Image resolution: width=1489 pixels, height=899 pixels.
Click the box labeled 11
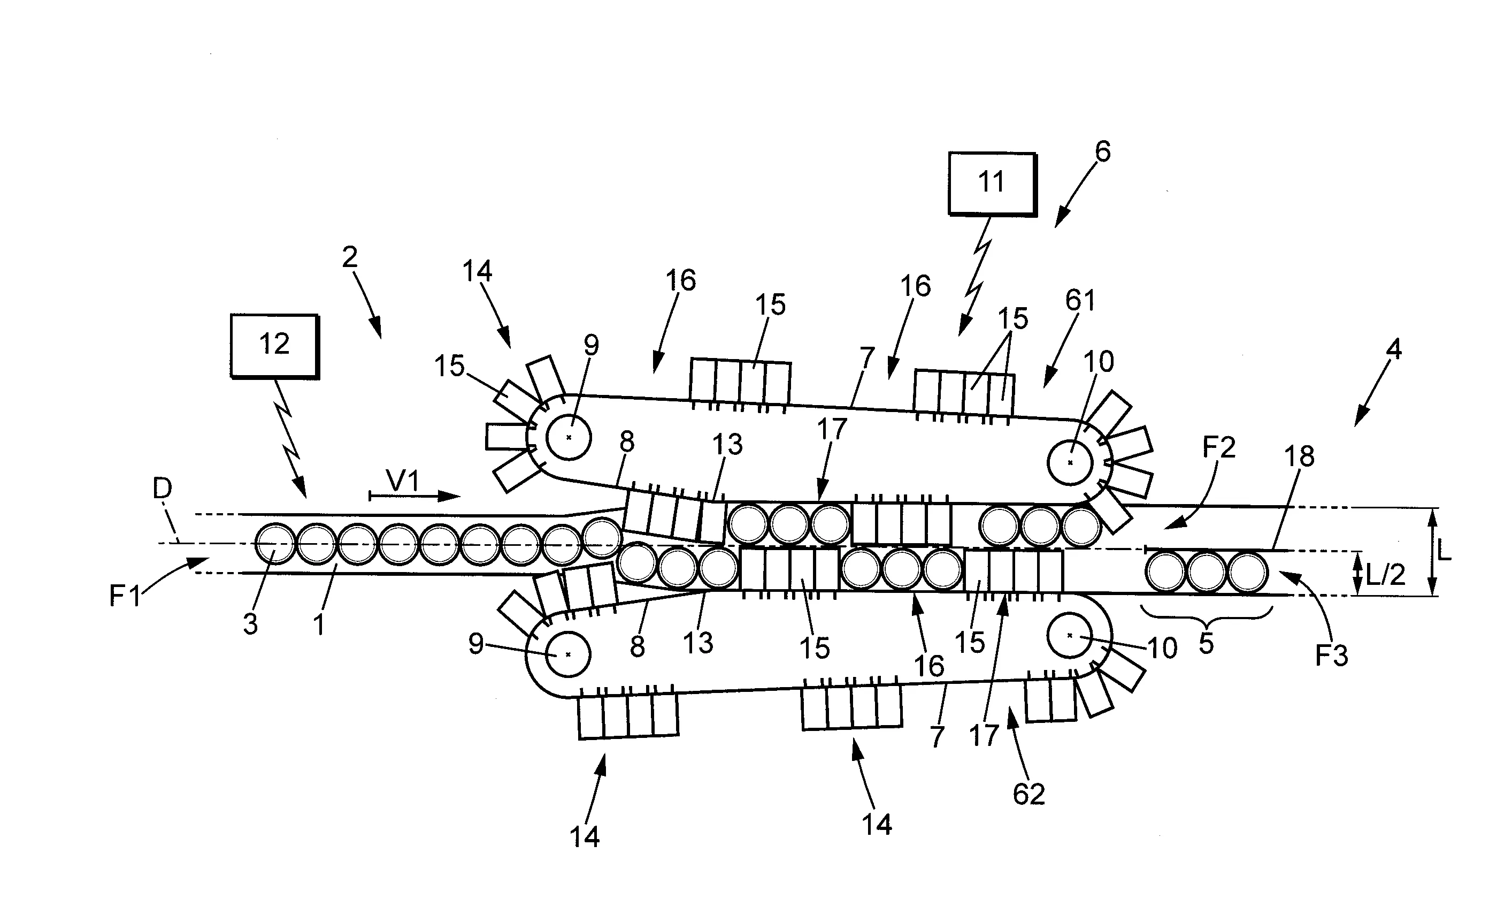[x=992, y=183]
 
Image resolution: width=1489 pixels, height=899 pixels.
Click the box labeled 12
[x=274, y=345]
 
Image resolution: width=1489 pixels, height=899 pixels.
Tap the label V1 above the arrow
[x=403, y=481]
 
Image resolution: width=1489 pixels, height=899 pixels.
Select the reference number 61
[x=1080, y=301]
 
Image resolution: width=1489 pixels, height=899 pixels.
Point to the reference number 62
[x=1029, y=794]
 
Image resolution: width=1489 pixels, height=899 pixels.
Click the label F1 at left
[x=125, y=596]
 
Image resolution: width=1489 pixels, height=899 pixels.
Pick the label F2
[x=1219, y=447]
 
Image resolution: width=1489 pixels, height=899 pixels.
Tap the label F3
[x=1331, y=656]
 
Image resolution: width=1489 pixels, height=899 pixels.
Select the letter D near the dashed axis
[x=163, y=489]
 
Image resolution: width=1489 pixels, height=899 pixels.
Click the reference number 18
[x=1299, y=456]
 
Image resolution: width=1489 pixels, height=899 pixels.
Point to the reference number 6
[x=1102, y=152]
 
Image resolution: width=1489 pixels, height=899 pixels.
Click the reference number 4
[x=1393, y=349]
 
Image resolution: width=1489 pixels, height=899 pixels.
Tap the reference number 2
[x=350, y=257]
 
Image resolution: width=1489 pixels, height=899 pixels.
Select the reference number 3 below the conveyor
[x=250, y=624]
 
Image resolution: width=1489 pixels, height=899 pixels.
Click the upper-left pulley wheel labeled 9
[x=568, y=437]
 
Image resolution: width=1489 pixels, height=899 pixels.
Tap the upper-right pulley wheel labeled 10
[x=1070, y=463]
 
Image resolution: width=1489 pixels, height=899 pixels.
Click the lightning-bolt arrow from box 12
[x=289, y=435]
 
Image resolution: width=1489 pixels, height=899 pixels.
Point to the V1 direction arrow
[x=415, y=497]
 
